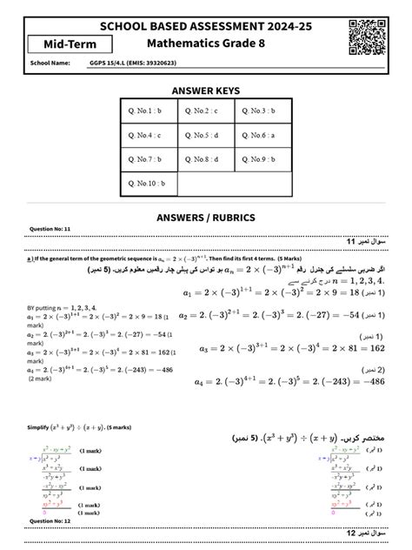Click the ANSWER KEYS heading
tap(205, 91)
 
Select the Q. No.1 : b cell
tap(151, 111)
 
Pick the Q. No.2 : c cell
tap(206, 111)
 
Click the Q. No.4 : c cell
tap(151, 136)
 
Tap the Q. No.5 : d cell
tap(206, 136)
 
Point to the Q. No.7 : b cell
tap(151, 160)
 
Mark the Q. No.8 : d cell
tap(206, 160)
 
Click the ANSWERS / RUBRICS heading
tap(205, 216)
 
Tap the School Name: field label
tap(50, 64)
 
